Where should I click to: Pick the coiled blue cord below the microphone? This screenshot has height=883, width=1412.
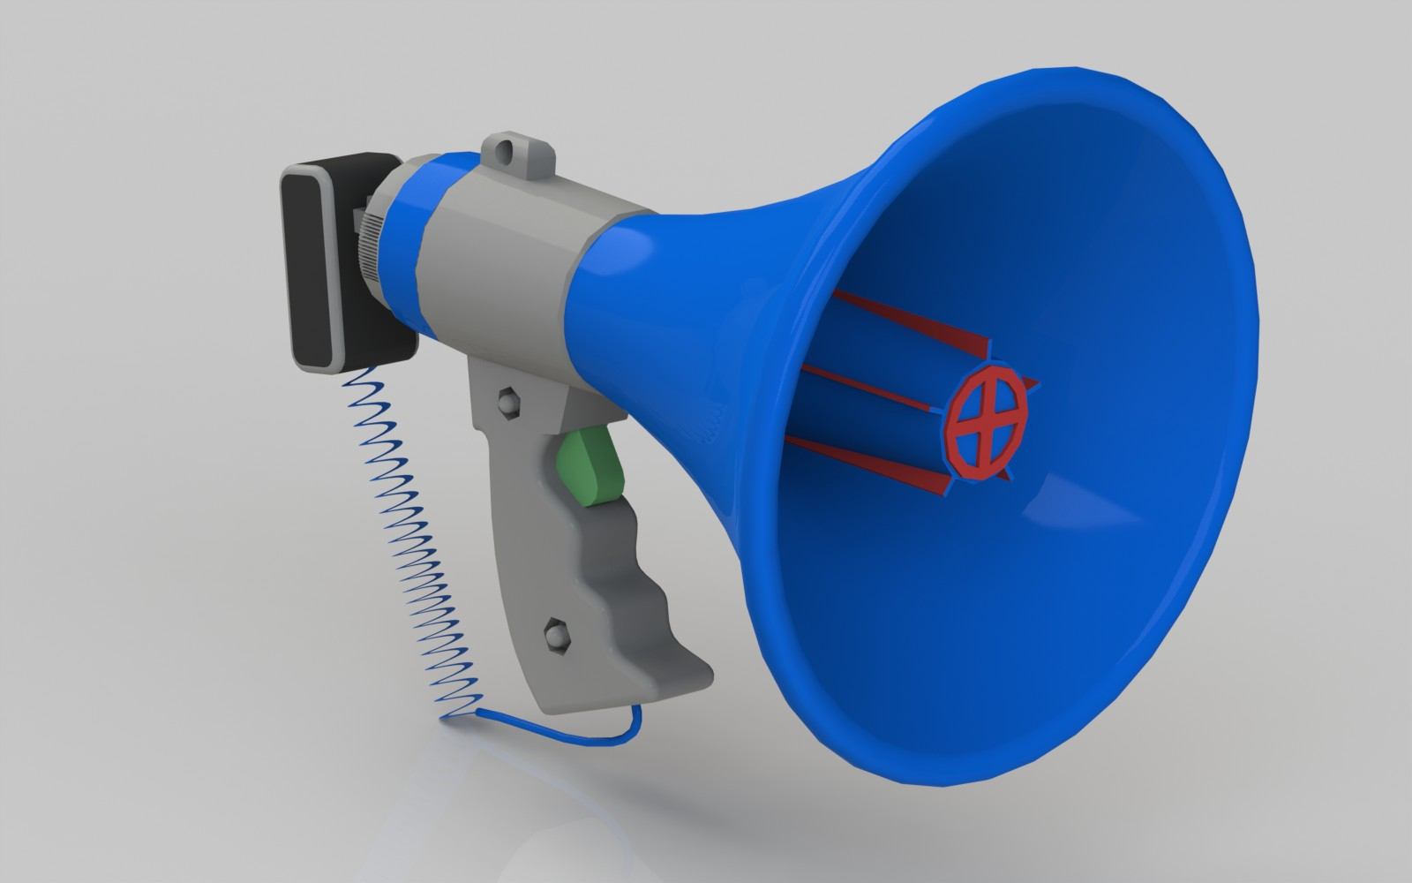[415, 530]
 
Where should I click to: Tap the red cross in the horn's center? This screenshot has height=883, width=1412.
[989, 415]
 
